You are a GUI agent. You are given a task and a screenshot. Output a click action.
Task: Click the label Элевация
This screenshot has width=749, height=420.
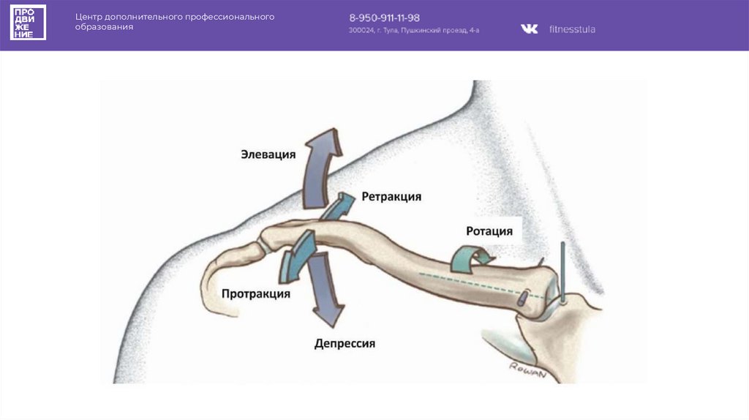point(268,154)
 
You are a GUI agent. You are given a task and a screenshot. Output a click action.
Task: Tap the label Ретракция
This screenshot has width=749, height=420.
point(391,197)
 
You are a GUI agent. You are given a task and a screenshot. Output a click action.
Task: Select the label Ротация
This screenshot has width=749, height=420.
point(489,231)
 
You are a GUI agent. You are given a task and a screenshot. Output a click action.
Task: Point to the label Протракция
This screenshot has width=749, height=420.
point(256,293)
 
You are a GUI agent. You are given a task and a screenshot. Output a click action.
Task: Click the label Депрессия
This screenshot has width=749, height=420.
point(345,343)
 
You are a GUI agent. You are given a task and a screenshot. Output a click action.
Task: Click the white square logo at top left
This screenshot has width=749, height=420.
point(28,22)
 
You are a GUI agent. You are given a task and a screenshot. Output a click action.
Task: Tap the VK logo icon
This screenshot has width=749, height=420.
point(529,29)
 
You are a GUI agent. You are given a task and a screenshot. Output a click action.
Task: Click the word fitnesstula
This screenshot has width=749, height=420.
point(572,29)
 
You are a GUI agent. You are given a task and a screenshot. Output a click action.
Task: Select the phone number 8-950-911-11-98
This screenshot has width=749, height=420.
point(384,18)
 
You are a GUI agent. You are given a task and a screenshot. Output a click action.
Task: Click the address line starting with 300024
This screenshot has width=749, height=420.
point(414,31)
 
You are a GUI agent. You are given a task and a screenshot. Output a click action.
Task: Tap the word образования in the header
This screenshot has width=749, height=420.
point(104,26)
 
